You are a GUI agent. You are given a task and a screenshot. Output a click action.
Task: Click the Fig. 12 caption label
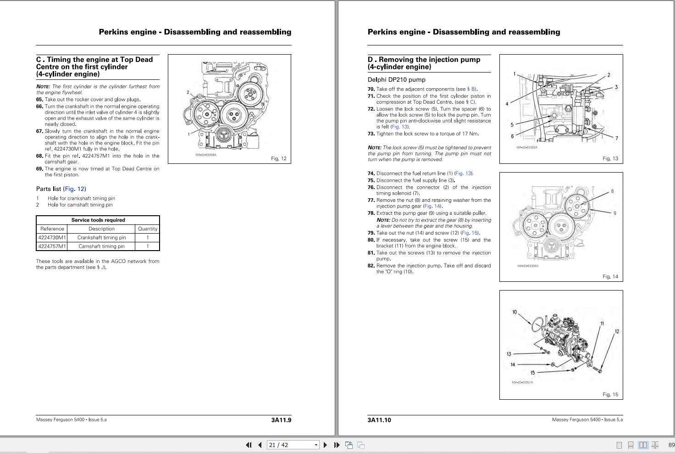[x=278, y=159]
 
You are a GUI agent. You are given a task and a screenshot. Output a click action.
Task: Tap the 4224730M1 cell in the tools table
[x=52, y=238]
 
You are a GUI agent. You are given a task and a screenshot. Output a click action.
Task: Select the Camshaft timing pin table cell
[x=101, y=246]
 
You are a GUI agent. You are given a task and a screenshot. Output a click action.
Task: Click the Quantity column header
[x=148, y=229]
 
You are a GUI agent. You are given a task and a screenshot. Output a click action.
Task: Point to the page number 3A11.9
[x=281, y=420]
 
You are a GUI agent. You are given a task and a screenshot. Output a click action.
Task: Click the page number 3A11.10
[x=379, y=420]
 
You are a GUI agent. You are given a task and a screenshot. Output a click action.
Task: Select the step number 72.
[x=371, y=109]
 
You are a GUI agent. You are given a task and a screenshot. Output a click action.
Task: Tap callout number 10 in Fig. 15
[x=515, y=312]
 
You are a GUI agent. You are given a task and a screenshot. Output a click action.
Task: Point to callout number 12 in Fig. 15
[x=617, y=331]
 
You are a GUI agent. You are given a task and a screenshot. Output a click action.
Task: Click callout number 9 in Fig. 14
[x=614, y=213]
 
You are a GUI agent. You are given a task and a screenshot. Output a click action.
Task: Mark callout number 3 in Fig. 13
[x=616, y=87]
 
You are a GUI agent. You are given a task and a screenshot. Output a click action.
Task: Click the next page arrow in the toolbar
[x=325, y=445]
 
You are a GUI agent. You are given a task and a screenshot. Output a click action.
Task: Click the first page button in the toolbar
[x=249, y=445]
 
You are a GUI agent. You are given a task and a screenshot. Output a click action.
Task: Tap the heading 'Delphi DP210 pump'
[x=396, y=80]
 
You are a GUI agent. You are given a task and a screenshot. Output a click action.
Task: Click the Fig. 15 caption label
[x=610, y=395]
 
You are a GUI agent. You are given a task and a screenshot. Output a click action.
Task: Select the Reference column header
[x=52, y=229]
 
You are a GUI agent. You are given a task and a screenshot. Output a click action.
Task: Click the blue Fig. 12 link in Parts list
[x=74, y=189]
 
